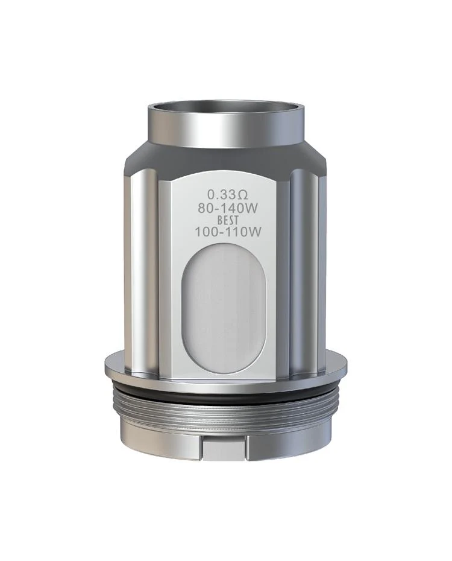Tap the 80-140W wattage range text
[228, 208]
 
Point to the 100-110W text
[228, 233]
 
